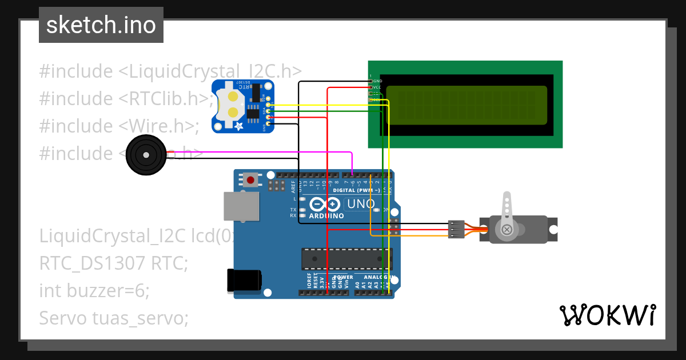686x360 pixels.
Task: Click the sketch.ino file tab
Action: pos(101,25)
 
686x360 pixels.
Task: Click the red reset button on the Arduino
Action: pos(250,181)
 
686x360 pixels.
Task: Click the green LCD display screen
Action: pos(466,105)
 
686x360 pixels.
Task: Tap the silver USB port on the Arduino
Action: pos(240,206)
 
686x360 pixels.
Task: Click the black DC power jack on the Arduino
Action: pos(244,280)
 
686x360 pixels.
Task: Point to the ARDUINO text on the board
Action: pos(326,216)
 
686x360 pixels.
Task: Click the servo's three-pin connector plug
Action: pos(456,229)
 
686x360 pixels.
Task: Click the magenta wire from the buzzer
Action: pos(257,153)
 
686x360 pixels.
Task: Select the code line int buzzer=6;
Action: pos(94,291)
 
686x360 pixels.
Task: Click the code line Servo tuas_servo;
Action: pos(113,318)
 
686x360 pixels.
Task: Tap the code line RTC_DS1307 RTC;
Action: pos(113,263)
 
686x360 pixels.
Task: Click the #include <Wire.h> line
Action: pos(119,126)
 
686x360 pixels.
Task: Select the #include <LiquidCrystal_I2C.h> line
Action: pos(170,71)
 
